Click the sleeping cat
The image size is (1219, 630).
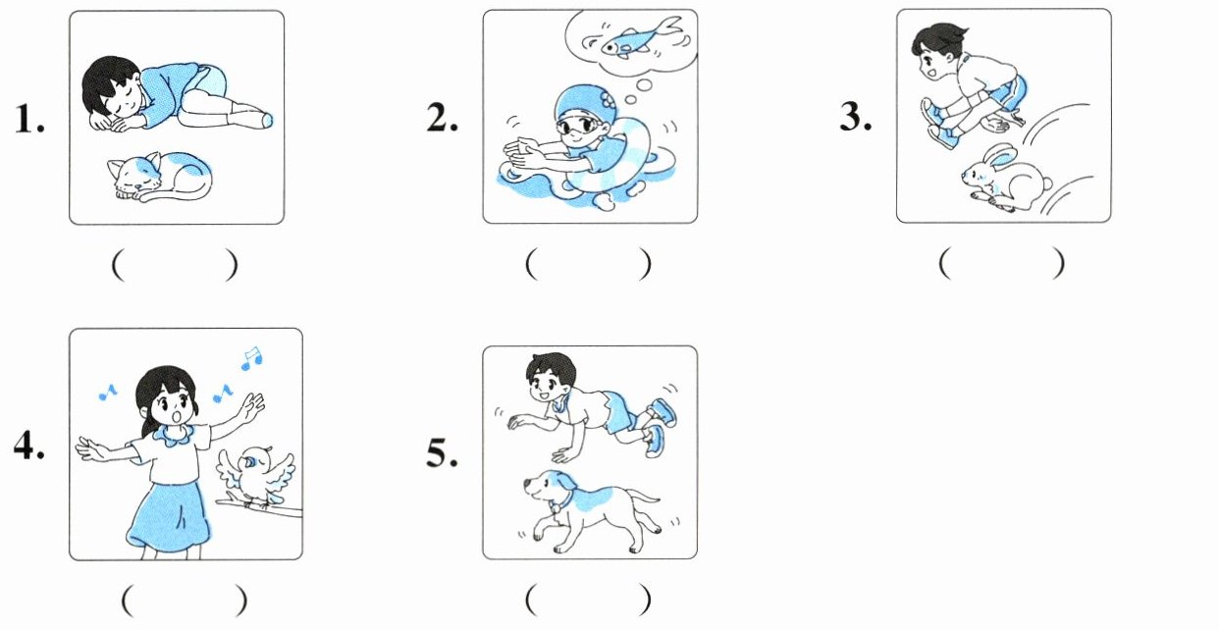(161, 177)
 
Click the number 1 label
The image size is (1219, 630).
(29, 119)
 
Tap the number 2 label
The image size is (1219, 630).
(443, 118)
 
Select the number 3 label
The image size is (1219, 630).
(856, 117)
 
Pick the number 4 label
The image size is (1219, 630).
(29, 446)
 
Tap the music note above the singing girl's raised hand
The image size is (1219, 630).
(251, 358)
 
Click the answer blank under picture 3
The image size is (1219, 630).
(1001, 264)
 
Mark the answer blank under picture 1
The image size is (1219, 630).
(175, 266)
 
